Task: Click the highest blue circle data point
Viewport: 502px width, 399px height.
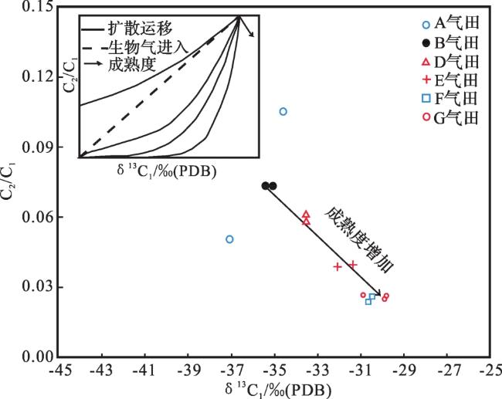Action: click(283, 112)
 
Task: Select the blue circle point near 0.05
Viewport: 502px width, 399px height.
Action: click(229, 239)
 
